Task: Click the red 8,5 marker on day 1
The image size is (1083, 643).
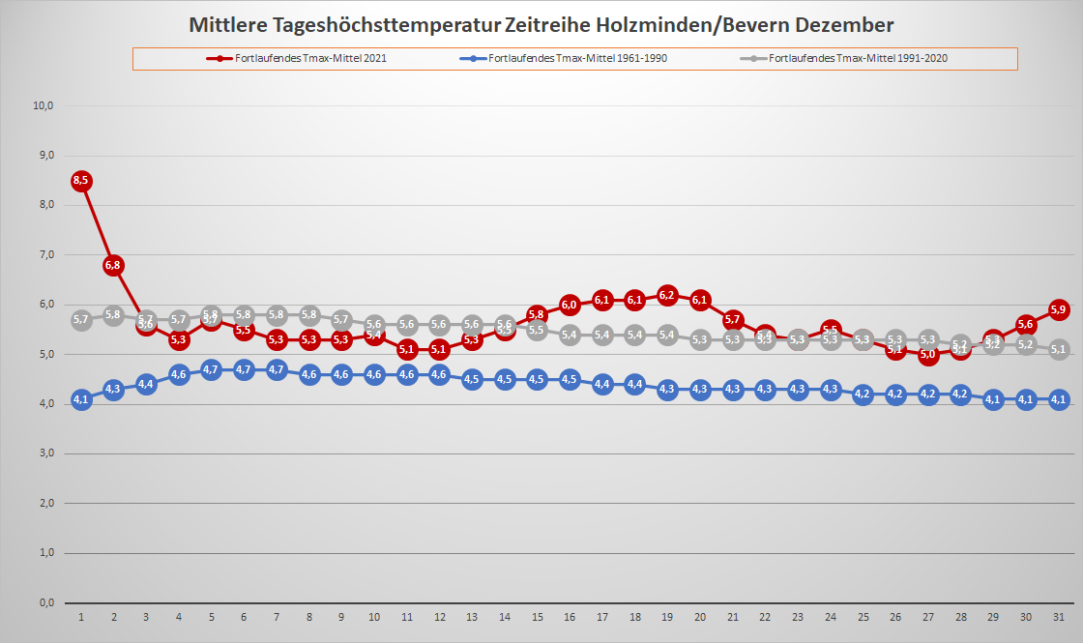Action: click(x=81, y=181)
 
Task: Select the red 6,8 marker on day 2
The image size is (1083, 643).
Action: click(x=114, y=265)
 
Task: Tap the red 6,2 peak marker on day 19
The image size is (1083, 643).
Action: click(x=667, y=295)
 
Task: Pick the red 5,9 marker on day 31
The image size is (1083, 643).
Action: click(x=1058, y=309)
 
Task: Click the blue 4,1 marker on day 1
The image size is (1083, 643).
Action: click(x=81, y=399)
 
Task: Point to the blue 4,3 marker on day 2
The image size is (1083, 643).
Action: click(x=114, y=390)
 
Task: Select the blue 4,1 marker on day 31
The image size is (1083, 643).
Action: click(x=1058, y=399)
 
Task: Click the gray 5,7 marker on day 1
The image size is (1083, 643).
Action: click(x=81, y=320)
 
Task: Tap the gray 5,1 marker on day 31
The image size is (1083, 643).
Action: click(x=1058, y=350)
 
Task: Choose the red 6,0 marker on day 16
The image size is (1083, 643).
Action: click(x=570, y=305)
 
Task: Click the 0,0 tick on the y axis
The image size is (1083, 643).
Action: click(x=44, y=602)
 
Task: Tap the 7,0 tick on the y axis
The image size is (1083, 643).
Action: click(x=44, y=254)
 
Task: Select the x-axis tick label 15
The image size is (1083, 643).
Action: click(x=537, y=617)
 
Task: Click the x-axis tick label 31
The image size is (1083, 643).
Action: click(x=1058, y=617)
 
